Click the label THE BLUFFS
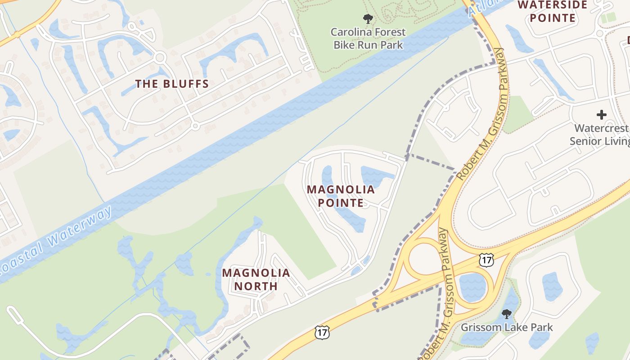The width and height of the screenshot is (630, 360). coord(172,84)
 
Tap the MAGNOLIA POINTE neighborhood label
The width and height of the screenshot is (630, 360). coord(341,196)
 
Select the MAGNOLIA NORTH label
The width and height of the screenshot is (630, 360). coord(256,279)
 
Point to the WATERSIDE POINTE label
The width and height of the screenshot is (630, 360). coord(552,11)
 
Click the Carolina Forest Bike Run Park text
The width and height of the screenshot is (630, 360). coord(368,38)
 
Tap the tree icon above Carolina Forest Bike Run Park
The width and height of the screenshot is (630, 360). coord(368,19)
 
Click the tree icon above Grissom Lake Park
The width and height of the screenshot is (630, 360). coord(507,314)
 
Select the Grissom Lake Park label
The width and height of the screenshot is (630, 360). coord(507,327)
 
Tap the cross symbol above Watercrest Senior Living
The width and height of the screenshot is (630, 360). coord(601,115)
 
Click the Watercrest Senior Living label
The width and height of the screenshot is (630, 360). coord(600,135)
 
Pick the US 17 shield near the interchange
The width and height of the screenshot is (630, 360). coord(486,260)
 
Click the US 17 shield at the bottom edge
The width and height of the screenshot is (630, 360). coord(322,332)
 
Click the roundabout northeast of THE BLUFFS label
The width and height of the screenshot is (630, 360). coord(159,58)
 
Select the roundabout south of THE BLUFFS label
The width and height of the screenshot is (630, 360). coord(195,126)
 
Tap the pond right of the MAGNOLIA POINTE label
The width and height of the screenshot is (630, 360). coord(377,176)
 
